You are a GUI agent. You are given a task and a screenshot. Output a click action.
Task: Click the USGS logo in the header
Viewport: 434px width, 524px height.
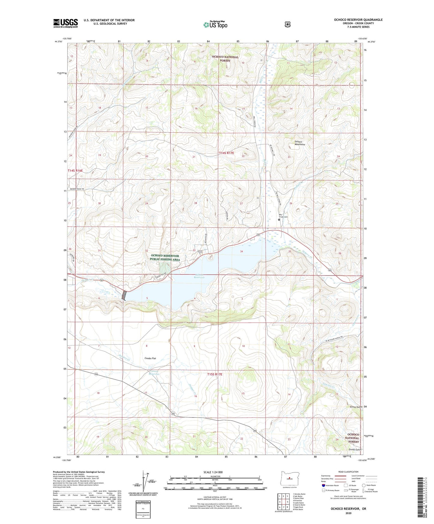(x=65, y=23)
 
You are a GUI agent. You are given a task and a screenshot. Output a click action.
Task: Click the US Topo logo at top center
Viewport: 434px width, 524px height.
(x=215, y=25)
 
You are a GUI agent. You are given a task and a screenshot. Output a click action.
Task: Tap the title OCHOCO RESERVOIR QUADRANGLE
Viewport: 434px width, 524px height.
(x=358, y=20)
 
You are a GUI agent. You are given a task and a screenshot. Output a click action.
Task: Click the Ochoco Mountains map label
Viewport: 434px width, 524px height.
(x=299, y=143)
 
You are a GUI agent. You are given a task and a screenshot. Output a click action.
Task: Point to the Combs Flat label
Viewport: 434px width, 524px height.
(x=150, y=358)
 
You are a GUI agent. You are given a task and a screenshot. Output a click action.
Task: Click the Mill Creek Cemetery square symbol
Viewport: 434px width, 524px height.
(x=279, y=219)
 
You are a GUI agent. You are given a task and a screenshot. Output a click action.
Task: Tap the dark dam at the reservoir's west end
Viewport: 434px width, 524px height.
(x=124, y=295)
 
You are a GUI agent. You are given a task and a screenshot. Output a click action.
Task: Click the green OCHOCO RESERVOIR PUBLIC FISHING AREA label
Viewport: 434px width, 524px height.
(x=165, y=257)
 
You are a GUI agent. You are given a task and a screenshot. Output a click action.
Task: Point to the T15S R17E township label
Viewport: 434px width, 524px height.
(x=215, y=374)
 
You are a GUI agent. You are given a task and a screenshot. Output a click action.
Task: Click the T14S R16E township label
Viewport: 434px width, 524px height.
(x=75, y=170)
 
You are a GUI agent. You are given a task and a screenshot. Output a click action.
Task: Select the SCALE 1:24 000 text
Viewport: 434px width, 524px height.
(x=213, y=472)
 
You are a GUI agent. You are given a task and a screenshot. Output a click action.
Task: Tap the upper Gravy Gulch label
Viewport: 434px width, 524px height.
(x=356, y=407)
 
